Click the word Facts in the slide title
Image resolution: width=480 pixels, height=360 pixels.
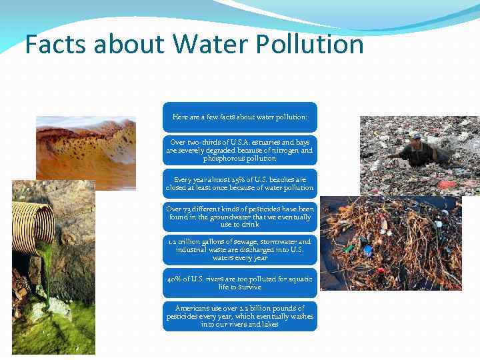click(57, 45)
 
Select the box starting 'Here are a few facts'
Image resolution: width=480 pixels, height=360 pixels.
click(240, 117)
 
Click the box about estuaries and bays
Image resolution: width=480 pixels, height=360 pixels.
click(240, 151)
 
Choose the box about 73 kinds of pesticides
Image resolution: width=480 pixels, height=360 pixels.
click(240, 216)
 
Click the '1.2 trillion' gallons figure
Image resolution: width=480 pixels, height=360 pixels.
click(185, 242)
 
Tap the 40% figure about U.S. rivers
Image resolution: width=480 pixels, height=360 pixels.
click(175, 279)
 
